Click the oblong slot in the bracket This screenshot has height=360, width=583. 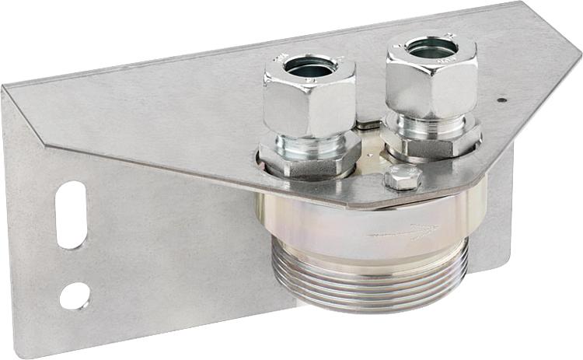pyautogui.click(x=71, y=215)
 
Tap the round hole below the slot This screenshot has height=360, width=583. pyautogui.click(x=75, y=295)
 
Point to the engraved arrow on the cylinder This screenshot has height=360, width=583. pyautogui.click(x=403, y=232)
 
